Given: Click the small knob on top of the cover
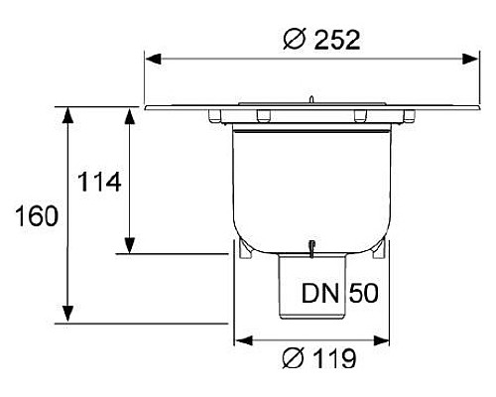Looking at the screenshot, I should tap(312, 98).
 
